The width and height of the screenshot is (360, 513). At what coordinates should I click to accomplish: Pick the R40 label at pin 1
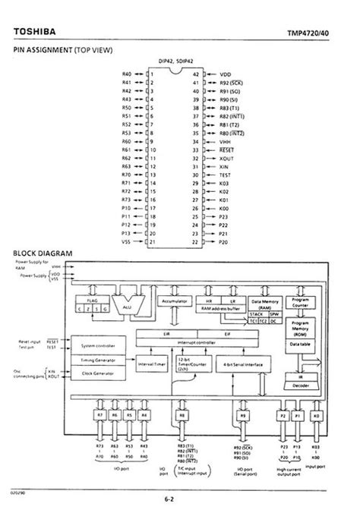(128, 74)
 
